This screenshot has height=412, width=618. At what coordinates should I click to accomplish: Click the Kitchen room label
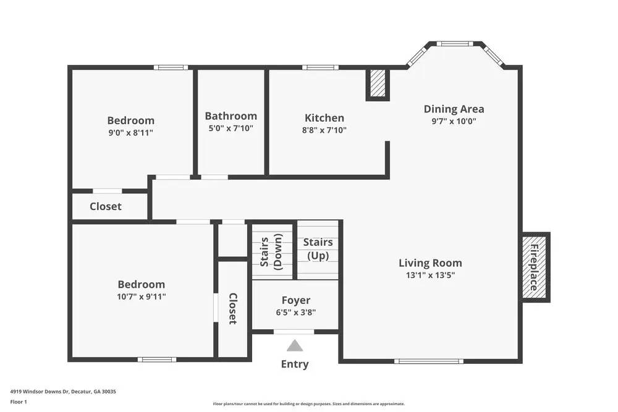324,118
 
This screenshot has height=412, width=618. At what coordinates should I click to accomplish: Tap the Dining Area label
454,109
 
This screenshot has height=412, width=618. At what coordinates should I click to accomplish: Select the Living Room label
430,263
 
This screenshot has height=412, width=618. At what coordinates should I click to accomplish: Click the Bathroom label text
231,116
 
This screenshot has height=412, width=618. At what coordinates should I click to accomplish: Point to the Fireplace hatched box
535,267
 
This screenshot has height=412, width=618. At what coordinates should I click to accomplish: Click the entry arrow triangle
295,345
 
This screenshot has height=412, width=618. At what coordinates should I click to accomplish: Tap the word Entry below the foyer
295,364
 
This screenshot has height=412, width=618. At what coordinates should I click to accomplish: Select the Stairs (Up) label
318,249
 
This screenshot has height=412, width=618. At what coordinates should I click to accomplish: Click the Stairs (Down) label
271,251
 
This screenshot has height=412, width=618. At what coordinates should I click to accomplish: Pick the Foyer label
296,301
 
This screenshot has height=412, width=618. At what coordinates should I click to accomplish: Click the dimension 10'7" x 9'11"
142,296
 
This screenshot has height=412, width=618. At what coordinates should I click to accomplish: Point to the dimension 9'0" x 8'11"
130,132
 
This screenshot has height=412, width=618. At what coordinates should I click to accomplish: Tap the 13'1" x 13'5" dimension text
430,275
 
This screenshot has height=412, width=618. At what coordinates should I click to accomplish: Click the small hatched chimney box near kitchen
377,83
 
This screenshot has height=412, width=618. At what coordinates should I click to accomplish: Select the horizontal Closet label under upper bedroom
106,206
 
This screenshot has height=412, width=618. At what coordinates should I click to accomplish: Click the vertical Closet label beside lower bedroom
232,308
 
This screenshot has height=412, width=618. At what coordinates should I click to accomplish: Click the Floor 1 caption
19,401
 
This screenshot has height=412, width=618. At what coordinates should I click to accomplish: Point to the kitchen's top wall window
320,67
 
